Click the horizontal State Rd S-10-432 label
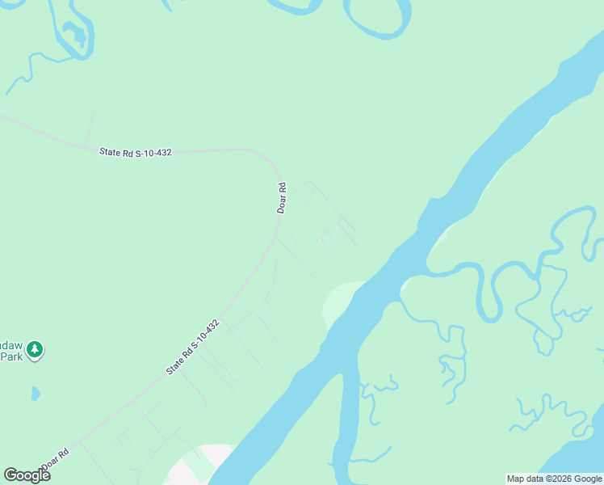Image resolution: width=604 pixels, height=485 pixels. coord(136,151)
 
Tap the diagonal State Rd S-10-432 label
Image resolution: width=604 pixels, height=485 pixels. coord(192,347)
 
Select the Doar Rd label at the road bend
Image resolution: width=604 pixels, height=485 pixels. coord(282,198)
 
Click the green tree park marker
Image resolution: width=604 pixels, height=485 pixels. coord(34,350)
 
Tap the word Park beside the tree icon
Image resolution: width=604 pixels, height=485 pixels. coord(10,356)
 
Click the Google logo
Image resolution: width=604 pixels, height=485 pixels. coord(27,475)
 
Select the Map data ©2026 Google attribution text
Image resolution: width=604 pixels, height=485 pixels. coord(554,479)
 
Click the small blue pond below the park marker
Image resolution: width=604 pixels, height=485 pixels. coord(35,394)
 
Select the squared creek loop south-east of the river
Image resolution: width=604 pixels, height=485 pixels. coord(455,353)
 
